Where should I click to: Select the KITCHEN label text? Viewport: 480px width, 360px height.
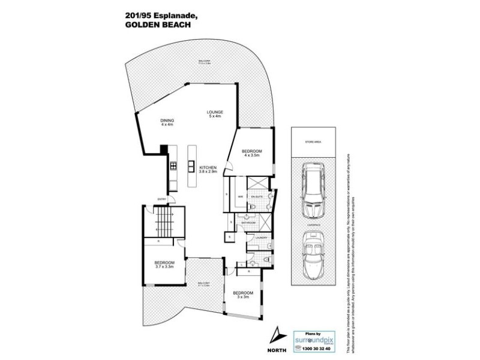(208, 168)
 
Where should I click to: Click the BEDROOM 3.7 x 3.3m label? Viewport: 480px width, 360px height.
(164, 265)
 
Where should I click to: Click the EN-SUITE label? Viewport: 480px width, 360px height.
(257, 196)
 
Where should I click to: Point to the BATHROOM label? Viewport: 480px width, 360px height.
(249, 223)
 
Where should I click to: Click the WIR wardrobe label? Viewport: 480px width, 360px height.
(240, 196)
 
